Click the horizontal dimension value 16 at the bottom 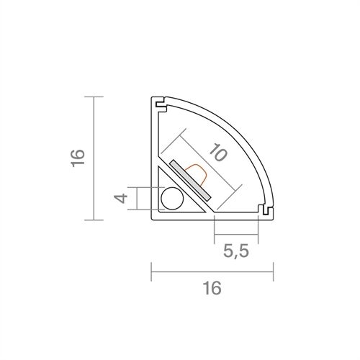coord(211,288)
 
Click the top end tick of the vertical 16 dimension coord(94,96)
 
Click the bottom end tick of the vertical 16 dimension coord(94,217)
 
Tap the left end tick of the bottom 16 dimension coord(151,273)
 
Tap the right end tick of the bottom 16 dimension coord(273,273)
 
